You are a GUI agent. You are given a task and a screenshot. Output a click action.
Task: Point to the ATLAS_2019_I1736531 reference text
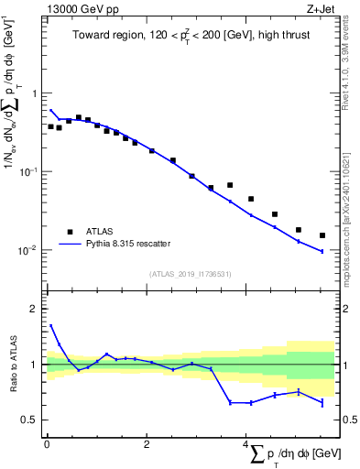(190, 273)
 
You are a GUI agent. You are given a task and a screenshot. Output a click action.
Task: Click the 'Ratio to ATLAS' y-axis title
(12, 364)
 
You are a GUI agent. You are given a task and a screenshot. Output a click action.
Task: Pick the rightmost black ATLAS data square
(322, 235)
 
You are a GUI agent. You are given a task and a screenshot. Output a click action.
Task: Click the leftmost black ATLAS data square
(50, 126)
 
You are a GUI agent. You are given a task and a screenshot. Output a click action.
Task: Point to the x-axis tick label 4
(245, 444)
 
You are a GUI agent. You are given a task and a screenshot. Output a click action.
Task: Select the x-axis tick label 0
(47, 444)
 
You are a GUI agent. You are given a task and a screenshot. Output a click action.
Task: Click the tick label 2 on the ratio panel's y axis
(34, 309)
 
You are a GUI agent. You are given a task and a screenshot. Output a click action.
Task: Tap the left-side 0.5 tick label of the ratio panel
(30, 420)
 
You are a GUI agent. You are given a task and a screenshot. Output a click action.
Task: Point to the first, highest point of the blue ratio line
(50, 324)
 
